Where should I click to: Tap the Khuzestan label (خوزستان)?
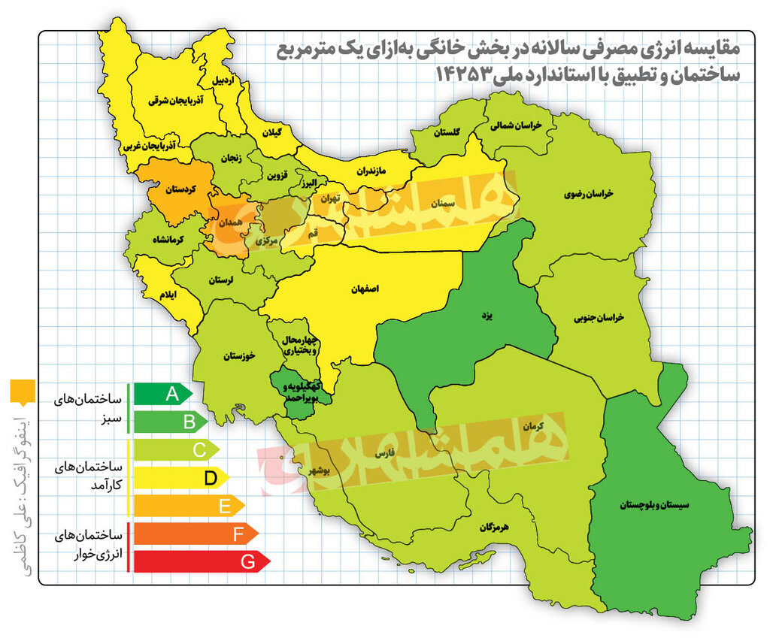pyautogui.click(x=239, y=356)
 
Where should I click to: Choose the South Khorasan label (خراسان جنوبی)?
pyautogui.click(x=599, y=318)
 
